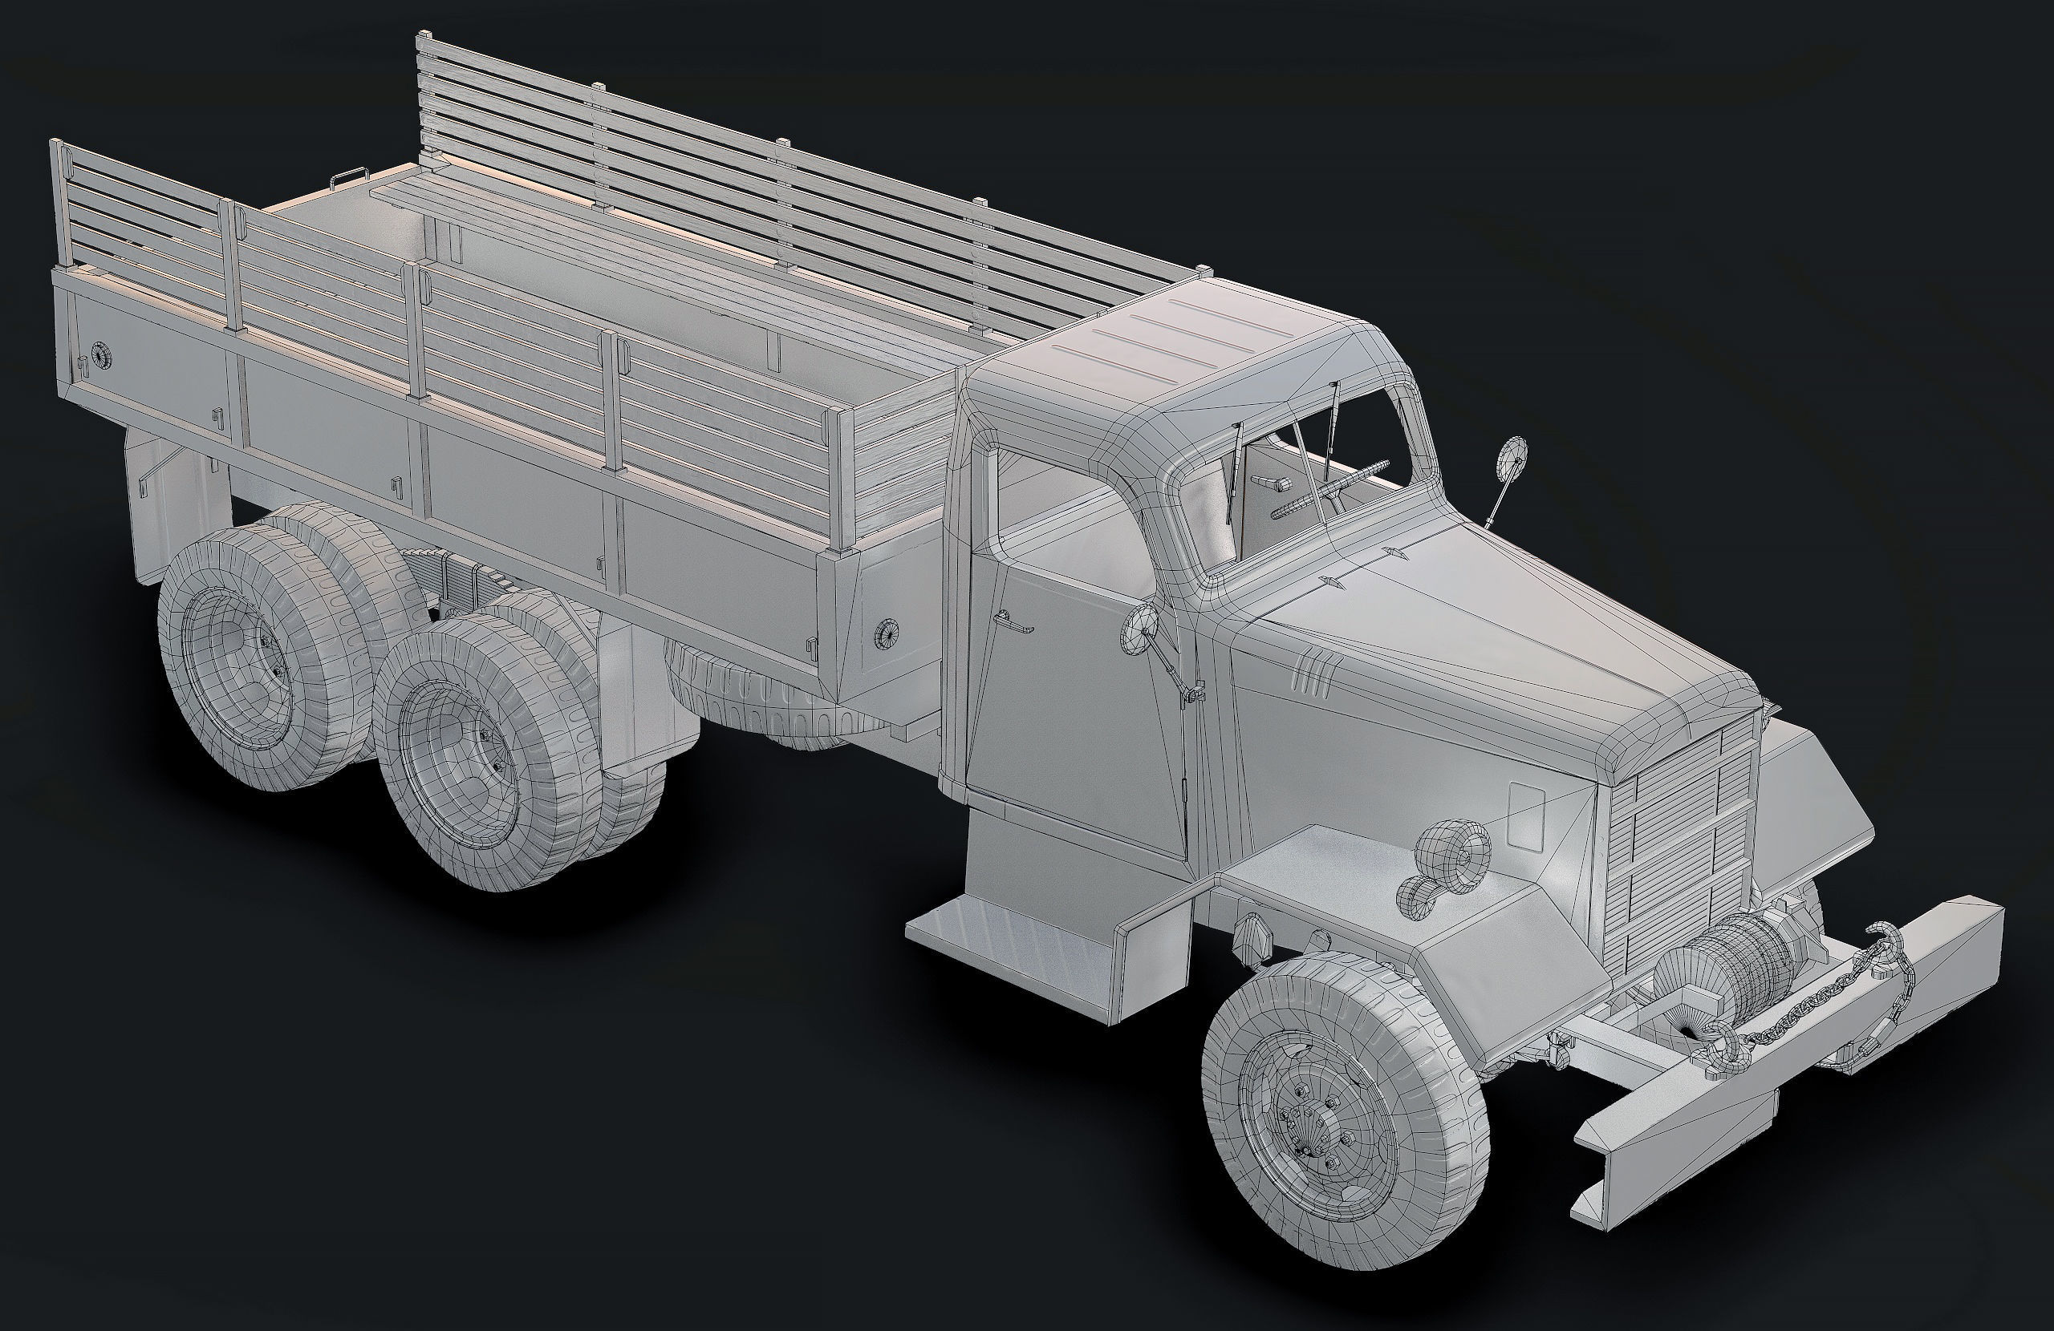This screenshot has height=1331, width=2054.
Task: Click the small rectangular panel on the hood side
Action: point(1526,815)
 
